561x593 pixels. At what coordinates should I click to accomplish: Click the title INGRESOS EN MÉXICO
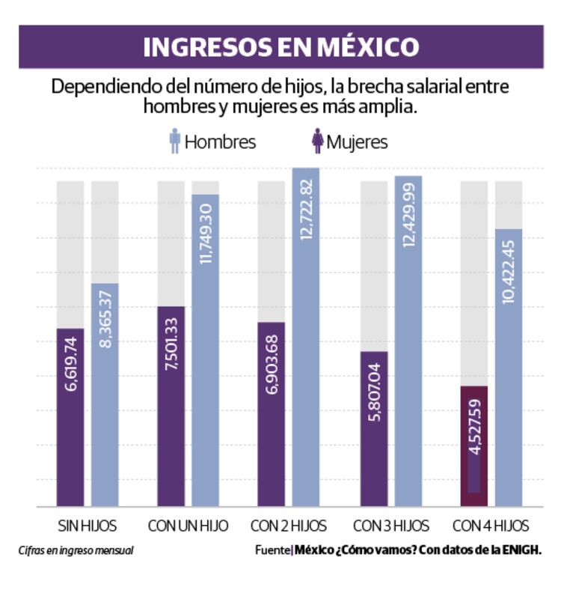pyautogui.click(x=280, y=47)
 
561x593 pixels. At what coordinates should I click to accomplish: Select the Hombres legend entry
pyautogui.click(x=220, y=142)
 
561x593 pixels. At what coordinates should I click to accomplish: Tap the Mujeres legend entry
pyautogui.click(x=357, y=142)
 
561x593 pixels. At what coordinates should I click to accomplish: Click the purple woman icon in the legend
pyautogui.click(x=317, y=141)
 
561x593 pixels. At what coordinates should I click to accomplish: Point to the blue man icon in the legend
pyautogui.click(x=175, y=141)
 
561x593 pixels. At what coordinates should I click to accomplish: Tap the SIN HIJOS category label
pyautogui.click(x=87, y=524)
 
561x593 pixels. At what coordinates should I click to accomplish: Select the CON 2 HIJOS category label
pyautogui.click(x=289, y=524)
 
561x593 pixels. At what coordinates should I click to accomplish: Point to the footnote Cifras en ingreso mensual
pyautogui.click(x=76, y=550)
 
